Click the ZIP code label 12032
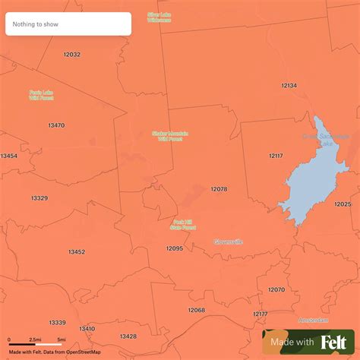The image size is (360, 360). (x=72, y=55)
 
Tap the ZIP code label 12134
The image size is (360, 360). (x=289, y=86)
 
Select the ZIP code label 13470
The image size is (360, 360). (x=56, y=125)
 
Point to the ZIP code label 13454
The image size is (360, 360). (x=9, y=156)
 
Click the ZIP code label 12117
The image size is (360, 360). (x=276, y=155)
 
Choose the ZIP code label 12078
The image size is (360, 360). (x=219, y=188)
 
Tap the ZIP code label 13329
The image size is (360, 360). (x=39, y=197)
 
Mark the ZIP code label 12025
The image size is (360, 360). (x=343, y=204)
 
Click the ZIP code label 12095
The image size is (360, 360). (x=175, y=248)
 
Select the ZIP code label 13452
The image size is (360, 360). (x=77, y=251)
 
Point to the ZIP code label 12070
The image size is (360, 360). (x=276, y=289)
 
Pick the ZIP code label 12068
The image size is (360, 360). (x=196, y=310)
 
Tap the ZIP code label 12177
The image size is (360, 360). (x=261, y=314)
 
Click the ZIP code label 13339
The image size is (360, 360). (x=57, y=322)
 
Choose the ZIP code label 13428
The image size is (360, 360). (x=128, y=336)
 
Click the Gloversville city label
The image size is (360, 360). (x=229, y=242)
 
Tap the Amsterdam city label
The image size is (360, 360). (x=313, y=320)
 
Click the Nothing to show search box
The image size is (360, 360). (x=68, y=24)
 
